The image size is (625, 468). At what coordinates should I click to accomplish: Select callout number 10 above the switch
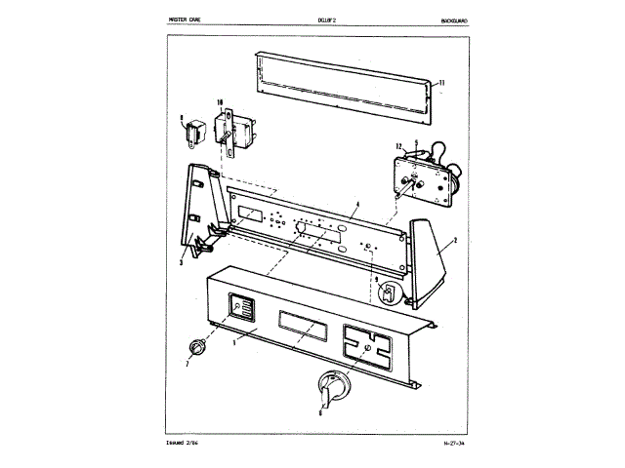221,102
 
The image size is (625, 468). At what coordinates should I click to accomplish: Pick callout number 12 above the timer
398,146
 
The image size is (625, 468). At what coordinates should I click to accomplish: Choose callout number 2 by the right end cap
454,240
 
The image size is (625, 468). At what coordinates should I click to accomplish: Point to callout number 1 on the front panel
234,342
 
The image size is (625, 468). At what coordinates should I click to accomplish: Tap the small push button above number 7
198,345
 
